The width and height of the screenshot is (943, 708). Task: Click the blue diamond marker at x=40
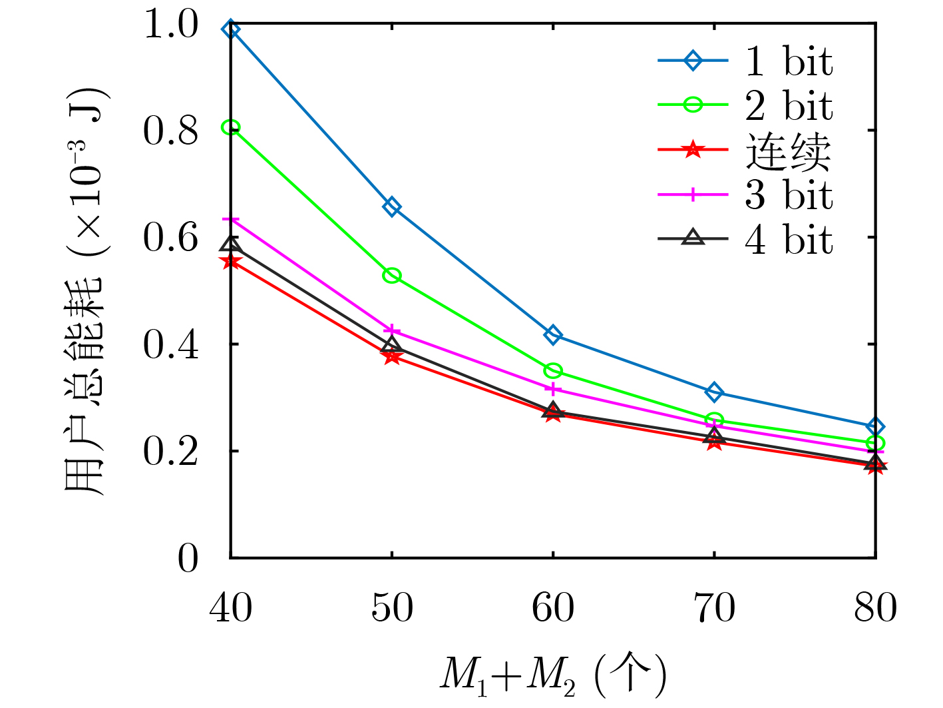point(231,29)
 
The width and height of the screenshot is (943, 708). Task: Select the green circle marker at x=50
point(392,276)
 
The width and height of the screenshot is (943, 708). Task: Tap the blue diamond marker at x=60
point(553,334)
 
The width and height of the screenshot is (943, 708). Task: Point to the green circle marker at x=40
point(231,127)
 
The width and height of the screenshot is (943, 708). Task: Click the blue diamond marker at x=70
point(714,392)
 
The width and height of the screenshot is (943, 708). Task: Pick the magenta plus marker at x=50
point(392,330)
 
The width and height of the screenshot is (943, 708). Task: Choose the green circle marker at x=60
point(553,370)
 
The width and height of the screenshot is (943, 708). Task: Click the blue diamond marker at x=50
point(392,207)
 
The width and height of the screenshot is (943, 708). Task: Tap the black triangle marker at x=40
point(231,244)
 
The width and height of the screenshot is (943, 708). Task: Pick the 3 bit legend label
point(789,195)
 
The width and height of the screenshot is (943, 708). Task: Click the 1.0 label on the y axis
point(171,26)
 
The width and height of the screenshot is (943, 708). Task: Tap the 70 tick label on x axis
point(714,608)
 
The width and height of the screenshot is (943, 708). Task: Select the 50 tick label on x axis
point(392,608)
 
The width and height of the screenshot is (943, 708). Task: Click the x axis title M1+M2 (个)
point(552,674)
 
